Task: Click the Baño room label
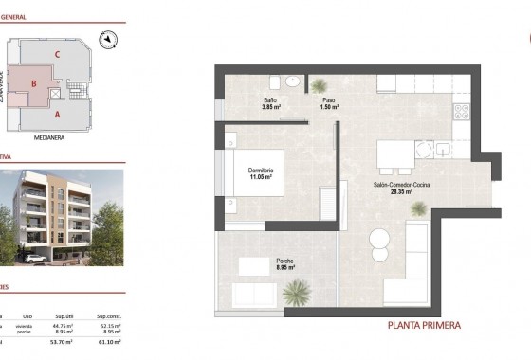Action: (x=271, y=99)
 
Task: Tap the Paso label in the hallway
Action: (x=328, y=99)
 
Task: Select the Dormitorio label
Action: (x=262, y=171)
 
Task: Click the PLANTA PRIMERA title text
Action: (x=425, y=326)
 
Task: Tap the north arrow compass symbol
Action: (x=110, y=39)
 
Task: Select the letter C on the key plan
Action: (x=58, y=54)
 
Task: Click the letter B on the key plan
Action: (x=34, y=83)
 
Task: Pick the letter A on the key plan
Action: (x=58, y=114)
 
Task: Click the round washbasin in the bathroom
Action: (x=293, y=82)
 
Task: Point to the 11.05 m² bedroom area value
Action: (x=262, y=177)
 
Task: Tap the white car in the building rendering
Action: (x=34, y=259)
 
